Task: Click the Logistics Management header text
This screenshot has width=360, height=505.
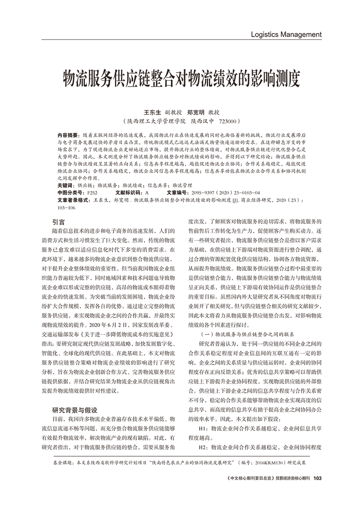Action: [286, 34]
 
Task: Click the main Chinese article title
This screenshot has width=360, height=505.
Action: [180, 78]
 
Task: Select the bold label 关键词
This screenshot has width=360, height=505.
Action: [66, 185]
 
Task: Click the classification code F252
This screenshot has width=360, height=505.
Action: [92, 192]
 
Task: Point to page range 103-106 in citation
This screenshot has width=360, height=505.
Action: [66, 208]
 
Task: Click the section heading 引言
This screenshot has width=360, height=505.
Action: [58, 221]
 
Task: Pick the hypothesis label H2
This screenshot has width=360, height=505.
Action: [202, 447]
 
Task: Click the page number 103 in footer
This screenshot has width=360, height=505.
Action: [317, 478]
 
